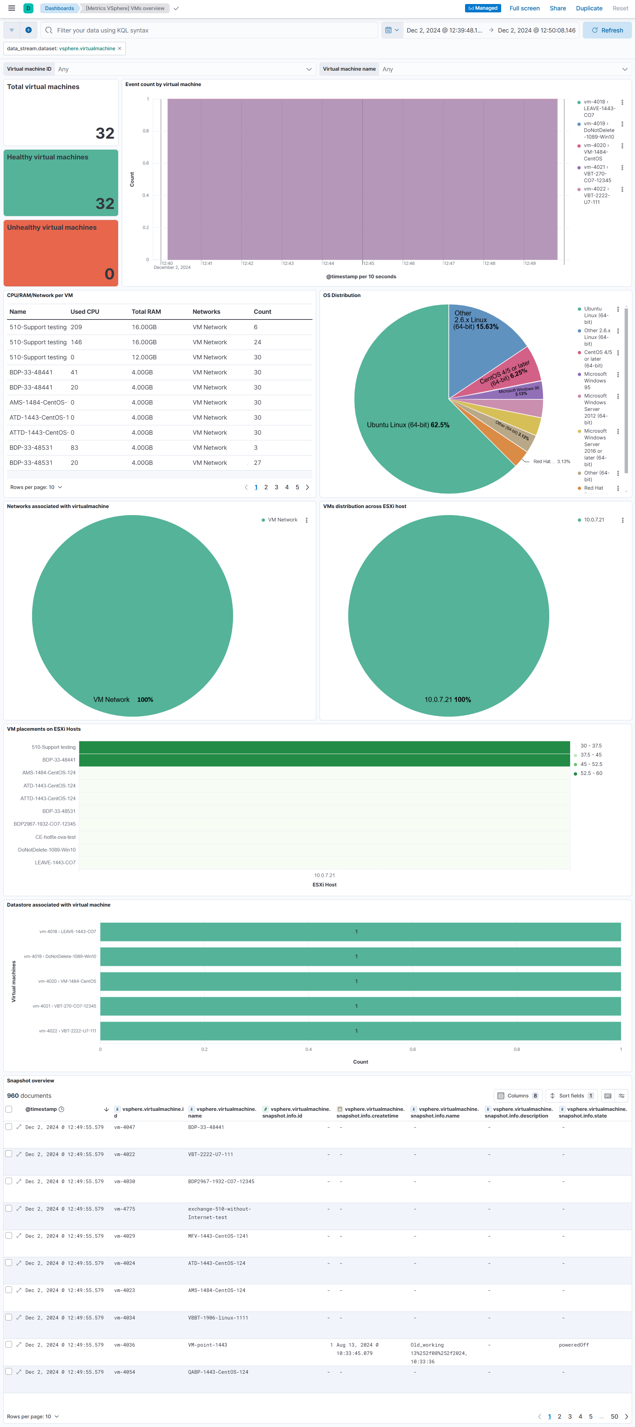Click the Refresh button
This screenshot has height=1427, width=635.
[x=607, y=30]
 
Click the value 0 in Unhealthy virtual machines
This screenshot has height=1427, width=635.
[x=109, y=274]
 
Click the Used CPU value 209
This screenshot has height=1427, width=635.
[x=76, y=328]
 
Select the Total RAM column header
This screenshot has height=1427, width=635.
[x=146, y=312]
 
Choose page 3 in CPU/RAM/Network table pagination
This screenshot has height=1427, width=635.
[x=276, y=488]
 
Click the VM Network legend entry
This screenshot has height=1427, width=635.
[x=282, y=520]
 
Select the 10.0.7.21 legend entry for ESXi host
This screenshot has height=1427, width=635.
[x=594, y=520]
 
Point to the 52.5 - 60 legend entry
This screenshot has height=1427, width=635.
[x=591, y=773]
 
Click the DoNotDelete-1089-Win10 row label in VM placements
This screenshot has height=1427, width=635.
[x=47, y=850]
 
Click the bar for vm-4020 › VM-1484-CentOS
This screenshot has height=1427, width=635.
[x=360, y=981]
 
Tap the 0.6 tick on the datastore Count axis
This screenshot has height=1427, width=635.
[x=413, y=1049]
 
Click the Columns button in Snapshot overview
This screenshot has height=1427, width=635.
[x=518, y=1096]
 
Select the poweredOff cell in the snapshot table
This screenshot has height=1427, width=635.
[x=573, y=1345]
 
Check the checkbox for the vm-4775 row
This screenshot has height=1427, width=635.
[x=9, y=1208]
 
